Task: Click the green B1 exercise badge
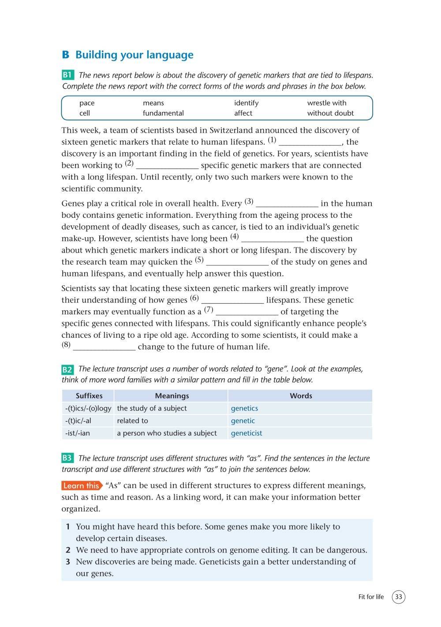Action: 68,75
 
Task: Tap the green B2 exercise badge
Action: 67,369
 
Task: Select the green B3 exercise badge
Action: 67,458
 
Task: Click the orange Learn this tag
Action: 82,486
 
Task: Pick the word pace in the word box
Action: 87,103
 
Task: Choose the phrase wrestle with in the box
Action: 327,103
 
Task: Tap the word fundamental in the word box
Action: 163,113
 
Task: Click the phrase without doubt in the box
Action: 330,113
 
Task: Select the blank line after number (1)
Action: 310,143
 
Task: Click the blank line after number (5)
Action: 237,263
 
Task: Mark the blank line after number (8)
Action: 105,348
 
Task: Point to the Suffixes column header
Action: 89,396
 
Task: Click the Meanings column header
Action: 172,396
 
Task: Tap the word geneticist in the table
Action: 247,433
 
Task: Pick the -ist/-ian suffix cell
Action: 78,433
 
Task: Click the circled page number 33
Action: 398,597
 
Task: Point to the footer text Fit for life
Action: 371,597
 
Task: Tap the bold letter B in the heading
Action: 66,55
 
